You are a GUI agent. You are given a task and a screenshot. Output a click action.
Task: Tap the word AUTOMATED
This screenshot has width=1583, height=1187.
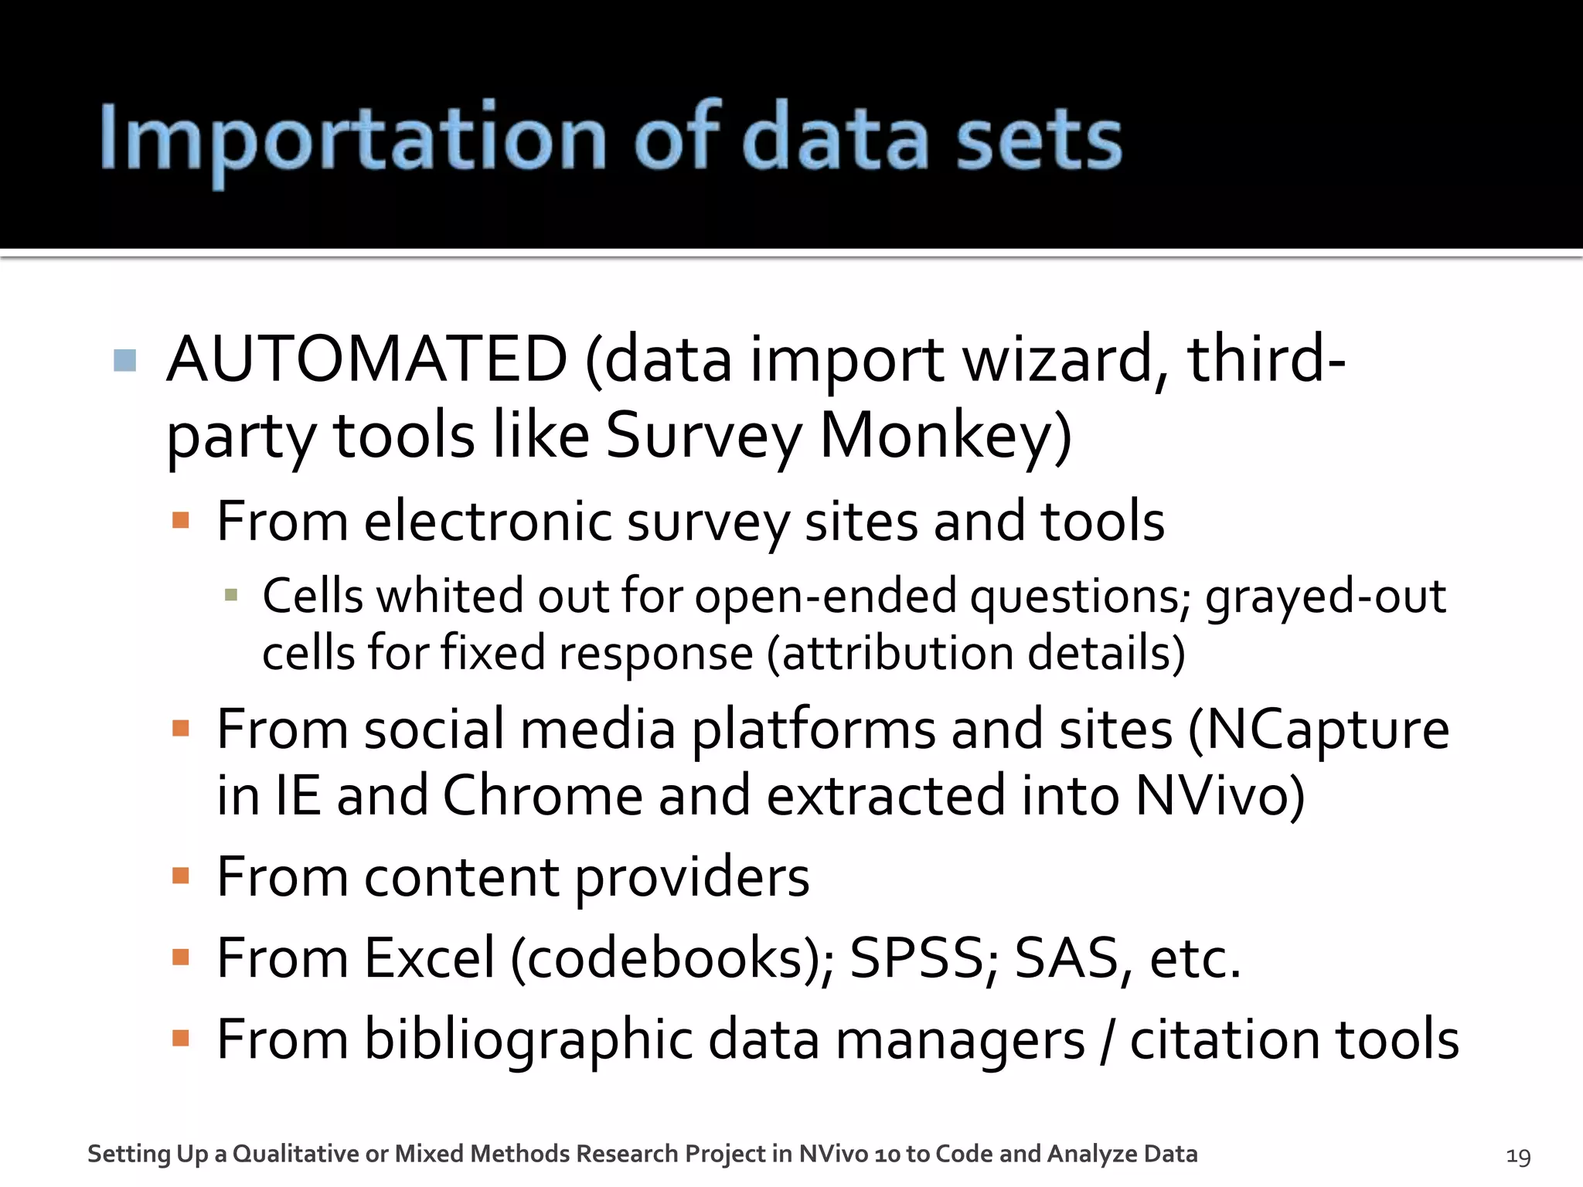coord(367,359)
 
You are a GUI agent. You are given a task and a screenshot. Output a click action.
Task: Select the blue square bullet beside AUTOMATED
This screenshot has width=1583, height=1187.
coord(125,360)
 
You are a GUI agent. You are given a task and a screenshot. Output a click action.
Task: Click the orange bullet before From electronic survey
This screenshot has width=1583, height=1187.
coord(181,520)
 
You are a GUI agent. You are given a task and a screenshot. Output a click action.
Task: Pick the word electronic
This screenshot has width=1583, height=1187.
coord(487,522)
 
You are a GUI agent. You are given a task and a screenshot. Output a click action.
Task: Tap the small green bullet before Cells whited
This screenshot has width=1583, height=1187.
coord(230,594)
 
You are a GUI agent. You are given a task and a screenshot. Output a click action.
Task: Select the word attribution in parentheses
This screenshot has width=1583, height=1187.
coord(897,653)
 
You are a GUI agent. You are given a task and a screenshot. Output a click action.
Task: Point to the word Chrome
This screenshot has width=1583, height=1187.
coord(542,796)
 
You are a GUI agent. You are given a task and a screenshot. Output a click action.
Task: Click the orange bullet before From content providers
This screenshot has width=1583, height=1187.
coord(181,876)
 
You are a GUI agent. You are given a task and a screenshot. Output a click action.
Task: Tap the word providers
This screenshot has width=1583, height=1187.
coord(692,879)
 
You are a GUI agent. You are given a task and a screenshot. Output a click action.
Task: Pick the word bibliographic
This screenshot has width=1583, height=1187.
coord(528,1040)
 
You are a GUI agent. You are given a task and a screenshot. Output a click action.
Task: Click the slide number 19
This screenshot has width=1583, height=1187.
coord(1517,1156)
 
